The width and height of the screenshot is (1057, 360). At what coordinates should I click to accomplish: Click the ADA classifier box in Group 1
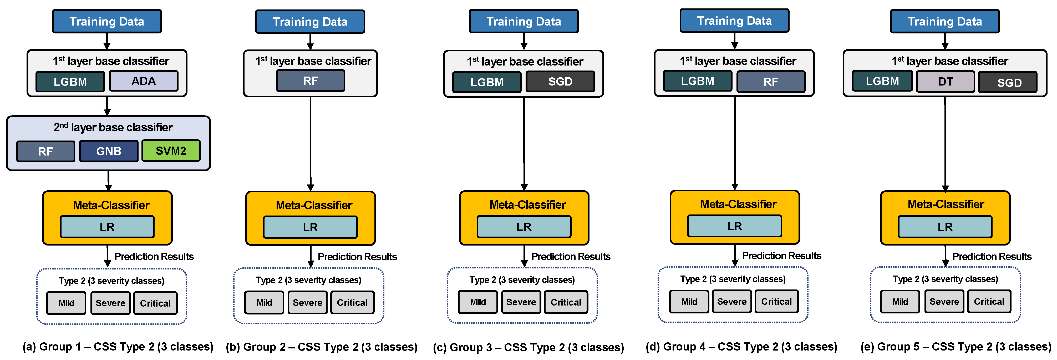click(144, 81)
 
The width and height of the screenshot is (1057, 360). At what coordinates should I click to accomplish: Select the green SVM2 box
click(171, 151)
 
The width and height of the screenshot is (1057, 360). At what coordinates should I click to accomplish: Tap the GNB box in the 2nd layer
click(109, 151)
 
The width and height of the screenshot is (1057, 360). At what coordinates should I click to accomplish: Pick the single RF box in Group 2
click(310, 81)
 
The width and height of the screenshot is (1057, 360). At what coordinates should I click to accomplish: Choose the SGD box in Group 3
click(560, 82)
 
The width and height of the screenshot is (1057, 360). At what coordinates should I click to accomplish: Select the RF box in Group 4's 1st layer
click(771, 82)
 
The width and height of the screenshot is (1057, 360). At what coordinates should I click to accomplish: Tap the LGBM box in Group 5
click(882, 81)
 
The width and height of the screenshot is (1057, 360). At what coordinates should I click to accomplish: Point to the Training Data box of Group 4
click(734, 21)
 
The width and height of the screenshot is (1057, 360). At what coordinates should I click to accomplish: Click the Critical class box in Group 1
click(155, 303)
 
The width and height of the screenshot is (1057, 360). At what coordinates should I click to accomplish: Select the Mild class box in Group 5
click(900, 302)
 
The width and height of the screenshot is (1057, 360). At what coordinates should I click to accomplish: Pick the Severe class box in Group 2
click(307, 303)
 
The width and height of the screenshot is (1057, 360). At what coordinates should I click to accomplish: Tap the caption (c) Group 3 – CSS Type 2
click(528, 347)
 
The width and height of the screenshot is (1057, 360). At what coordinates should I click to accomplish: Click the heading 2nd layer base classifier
click(113, 127)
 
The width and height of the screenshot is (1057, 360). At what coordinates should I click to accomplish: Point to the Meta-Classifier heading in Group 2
click(314, 205)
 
